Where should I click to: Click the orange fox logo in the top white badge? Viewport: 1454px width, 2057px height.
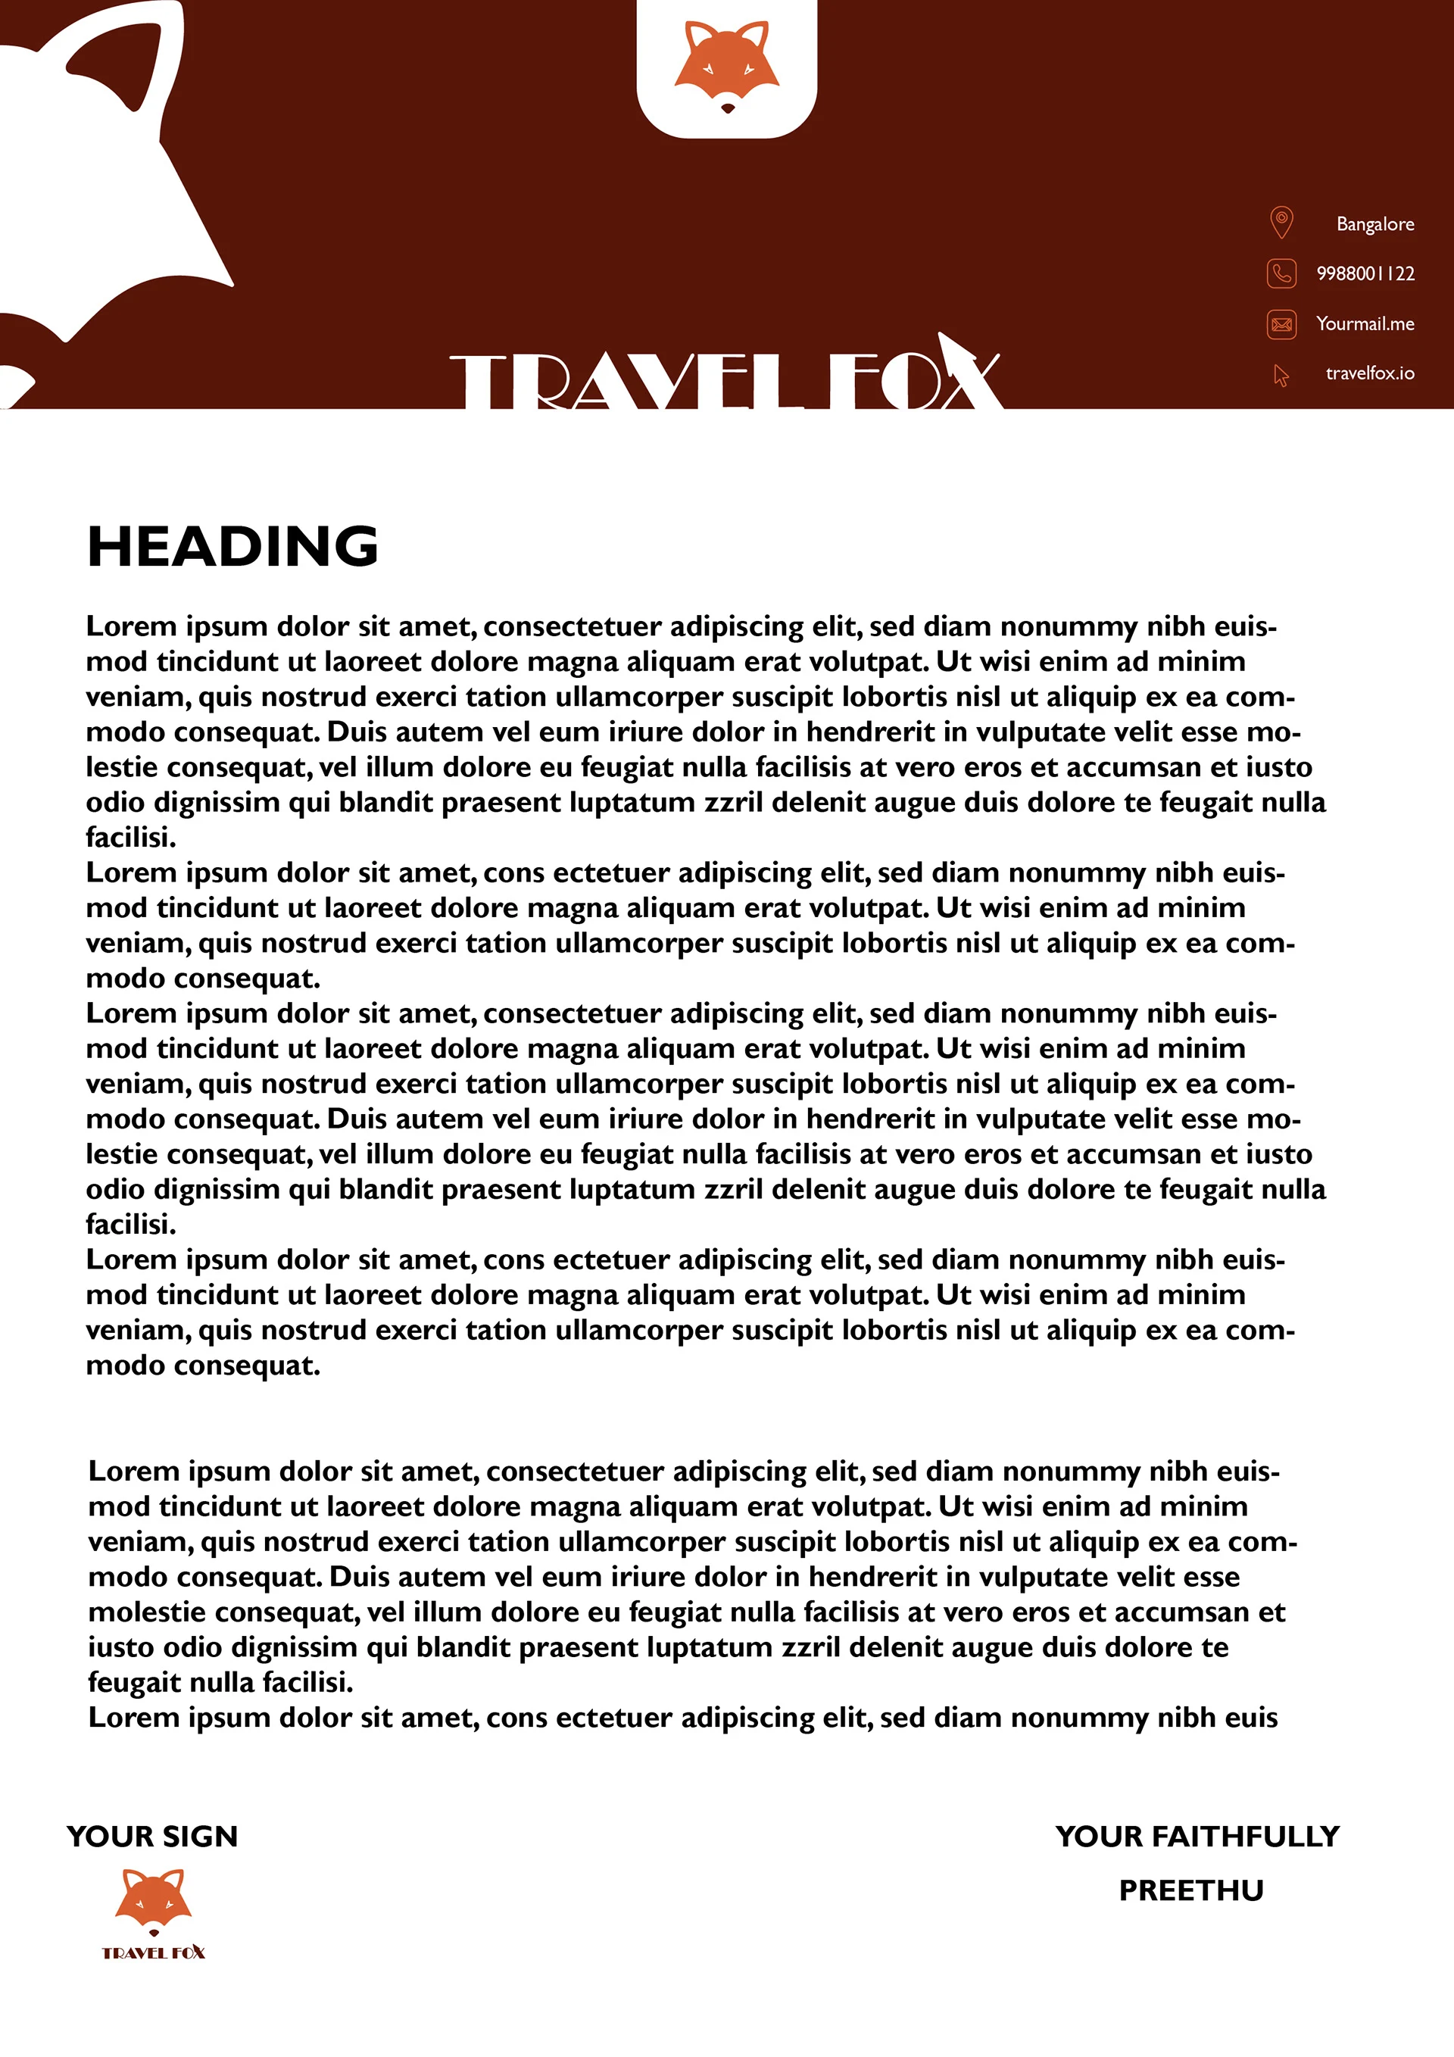pos(726,63)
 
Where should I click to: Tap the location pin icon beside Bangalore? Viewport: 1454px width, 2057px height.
pos(1281,222)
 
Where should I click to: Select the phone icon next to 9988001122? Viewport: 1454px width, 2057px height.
pos(1281,273)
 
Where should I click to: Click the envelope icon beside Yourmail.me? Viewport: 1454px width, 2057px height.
pos(1281,323)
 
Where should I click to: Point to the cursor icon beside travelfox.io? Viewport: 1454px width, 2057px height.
pos(1281,374)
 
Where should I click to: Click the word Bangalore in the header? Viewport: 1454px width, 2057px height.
pos(1374,224)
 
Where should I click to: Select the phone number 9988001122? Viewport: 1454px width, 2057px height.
pos(1365,273)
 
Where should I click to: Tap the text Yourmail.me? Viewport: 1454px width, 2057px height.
pos(1365,323)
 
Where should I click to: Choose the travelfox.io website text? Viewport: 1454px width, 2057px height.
pos(1370,373)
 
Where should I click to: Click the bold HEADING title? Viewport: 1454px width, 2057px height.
pos(233,547)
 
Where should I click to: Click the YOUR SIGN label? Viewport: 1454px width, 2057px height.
pos(152,1837)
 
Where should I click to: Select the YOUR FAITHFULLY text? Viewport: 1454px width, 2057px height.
pos(1197,1837)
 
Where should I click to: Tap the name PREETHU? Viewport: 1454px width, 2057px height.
pos(1190,1890)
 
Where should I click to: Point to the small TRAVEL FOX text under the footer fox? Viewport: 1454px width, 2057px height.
pos(153,1953)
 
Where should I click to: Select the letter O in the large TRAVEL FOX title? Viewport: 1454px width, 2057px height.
pos(909,383)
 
